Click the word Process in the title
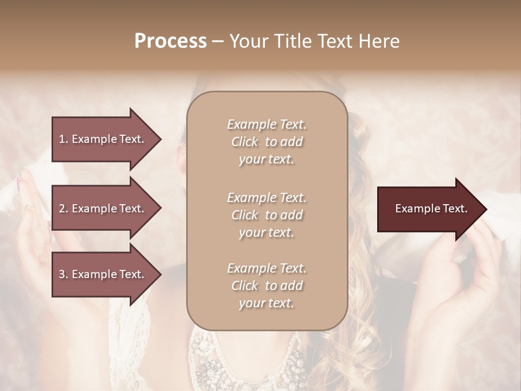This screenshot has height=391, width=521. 170,41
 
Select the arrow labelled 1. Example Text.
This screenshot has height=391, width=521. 103,139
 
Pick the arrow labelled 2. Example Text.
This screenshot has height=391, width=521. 103,209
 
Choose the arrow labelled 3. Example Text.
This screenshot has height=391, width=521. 103,275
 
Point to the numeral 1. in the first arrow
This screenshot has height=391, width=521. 63,139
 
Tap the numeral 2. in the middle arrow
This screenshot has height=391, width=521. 63,209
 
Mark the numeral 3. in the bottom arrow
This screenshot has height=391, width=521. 63,275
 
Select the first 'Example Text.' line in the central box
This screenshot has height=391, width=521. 266,124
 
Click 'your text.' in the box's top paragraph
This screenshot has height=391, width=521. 266,160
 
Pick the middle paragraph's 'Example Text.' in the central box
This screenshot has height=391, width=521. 266,198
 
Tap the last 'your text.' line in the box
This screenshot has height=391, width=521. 266,304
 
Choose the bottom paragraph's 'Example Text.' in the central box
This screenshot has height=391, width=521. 266,268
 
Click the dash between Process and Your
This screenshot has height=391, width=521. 218,41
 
